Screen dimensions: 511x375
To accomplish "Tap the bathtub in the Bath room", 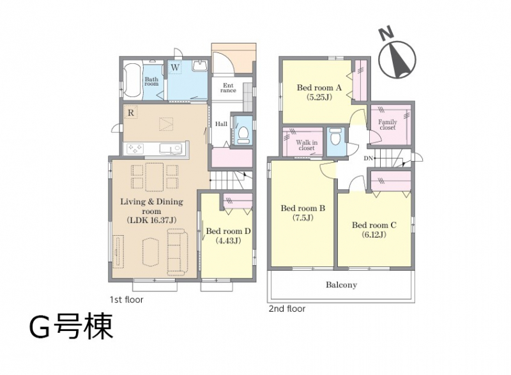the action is click(133, 80).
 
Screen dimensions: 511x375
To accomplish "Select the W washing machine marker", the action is click(175, 68).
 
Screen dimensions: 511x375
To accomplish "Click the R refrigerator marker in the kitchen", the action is click(131, 112).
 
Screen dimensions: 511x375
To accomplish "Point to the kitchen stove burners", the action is click(135, 149).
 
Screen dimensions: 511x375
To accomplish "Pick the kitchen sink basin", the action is click(170, 149).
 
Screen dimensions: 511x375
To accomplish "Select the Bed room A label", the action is click(319, 88).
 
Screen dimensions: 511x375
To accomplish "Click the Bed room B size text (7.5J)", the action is click(303, 218).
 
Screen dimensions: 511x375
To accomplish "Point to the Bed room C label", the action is click(374, 225).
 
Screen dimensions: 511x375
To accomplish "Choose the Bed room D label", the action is click(228, 231).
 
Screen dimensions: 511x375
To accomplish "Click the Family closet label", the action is click(388, 125).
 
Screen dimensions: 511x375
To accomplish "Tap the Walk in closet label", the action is click(307, 145).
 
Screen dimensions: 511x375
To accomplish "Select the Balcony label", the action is click(341, 285).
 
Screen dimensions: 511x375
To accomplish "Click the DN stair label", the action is click(368, 158).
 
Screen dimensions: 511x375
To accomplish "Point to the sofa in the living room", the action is click(178, 252).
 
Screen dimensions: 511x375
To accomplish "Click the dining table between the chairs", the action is click(154, 177).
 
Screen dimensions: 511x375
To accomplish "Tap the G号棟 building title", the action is click(71, 327).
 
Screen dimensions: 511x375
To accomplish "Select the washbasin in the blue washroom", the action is click(199, 66).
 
